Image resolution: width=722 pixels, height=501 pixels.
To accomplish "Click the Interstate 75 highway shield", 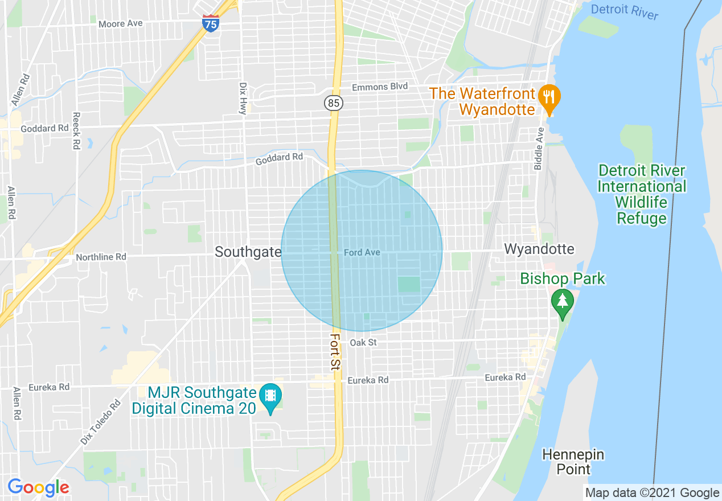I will (211, 23).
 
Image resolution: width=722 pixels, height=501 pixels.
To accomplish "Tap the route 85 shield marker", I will (334, 103).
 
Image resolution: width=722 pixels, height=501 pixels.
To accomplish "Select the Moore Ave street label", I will (120, 24).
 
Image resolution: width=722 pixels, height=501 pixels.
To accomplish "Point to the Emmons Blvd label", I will (380, 87).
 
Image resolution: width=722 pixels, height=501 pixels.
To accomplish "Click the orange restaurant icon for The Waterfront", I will (549, 97).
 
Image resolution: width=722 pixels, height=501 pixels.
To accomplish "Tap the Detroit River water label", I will (624, 11).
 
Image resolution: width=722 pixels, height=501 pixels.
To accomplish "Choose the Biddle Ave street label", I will (539, 149).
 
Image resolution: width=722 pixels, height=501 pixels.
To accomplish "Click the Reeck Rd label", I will (76, 130).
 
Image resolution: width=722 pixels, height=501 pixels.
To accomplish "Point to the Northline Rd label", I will (101, 257).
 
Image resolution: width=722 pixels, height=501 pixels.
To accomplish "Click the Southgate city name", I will (248, 252).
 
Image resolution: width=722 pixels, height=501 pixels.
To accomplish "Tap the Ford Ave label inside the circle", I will (362, 252).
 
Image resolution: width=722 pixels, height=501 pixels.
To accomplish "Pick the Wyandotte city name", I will (539, 249).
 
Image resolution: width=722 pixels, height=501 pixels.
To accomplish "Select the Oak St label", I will (363, 343).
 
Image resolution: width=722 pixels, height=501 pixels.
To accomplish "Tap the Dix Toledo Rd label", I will (101, 422).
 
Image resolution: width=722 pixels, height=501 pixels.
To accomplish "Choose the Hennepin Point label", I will (573, 462).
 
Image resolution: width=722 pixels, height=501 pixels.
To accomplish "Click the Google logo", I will (38, 487).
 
